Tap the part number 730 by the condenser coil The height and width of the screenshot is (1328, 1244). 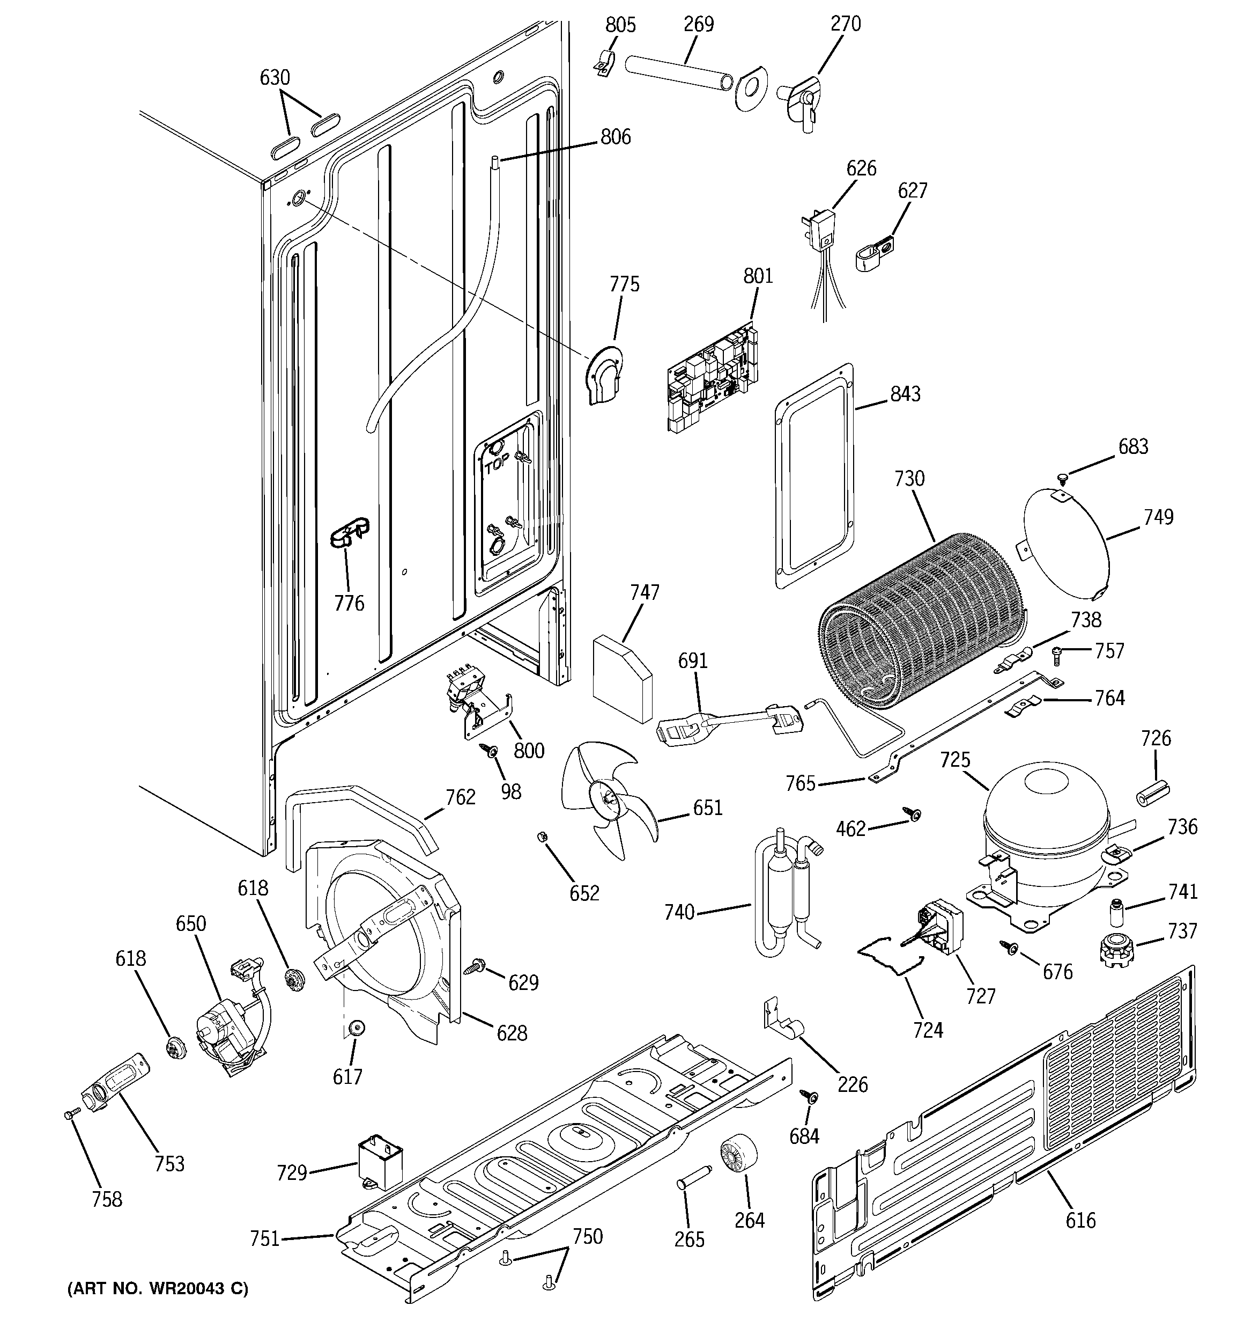909,479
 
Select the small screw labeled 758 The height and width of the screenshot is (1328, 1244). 71,1113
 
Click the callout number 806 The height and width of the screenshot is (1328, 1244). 615,137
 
